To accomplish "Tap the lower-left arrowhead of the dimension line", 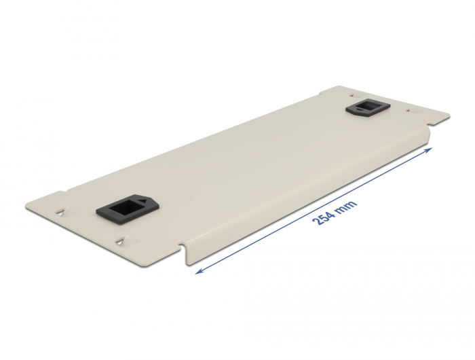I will tap(199, 270).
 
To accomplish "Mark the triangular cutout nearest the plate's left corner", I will tap(62, 212).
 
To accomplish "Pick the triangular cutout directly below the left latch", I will tap(121, 240).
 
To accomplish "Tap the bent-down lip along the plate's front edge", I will tap(305, 204).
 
